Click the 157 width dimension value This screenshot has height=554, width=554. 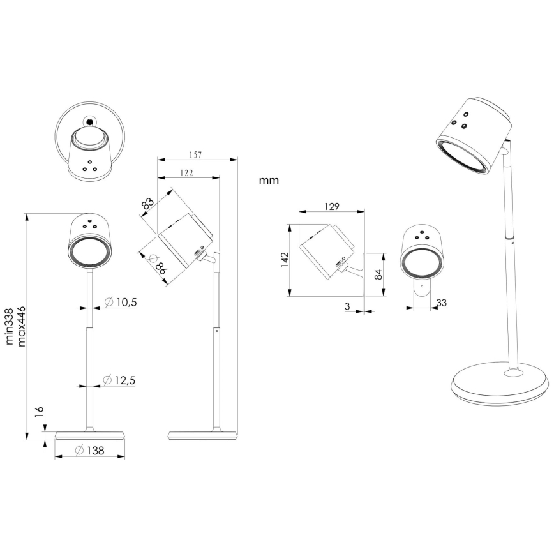(x=197, y=154)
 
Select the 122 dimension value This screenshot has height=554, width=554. (x=187, y=173)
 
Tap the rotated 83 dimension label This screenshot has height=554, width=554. (x=147, y=205)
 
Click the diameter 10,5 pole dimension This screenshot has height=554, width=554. (x=119, y=302)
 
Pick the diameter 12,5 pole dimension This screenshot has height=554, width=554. (x=119, y=380)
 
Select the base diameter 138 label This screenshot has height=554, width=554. (x=89, y=451)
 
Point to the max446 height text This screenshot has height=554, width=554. (x=21, y=326)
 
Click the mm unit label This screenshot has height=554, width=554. (x=269, y=181)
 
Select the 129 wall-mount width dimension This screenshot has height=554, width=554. (x=331, y=207)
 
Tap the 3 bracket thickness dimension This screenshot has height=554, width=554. (x=347, y=307)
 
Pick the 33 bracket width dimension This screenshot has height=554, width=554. (x=442, y=302)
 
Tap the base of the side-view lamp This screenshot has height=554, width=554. (x=202, y=435)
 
